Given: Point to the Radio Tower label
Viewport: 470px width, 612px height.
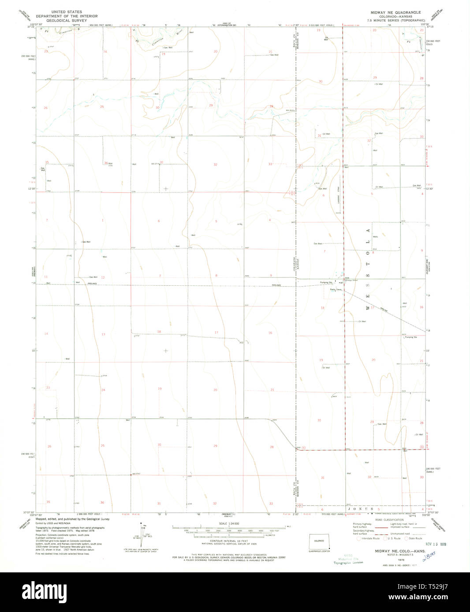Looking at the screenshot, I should pos(336,290).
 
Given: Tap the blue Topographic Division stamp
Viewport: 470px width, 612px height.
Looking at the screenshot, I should pos(348,562).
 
